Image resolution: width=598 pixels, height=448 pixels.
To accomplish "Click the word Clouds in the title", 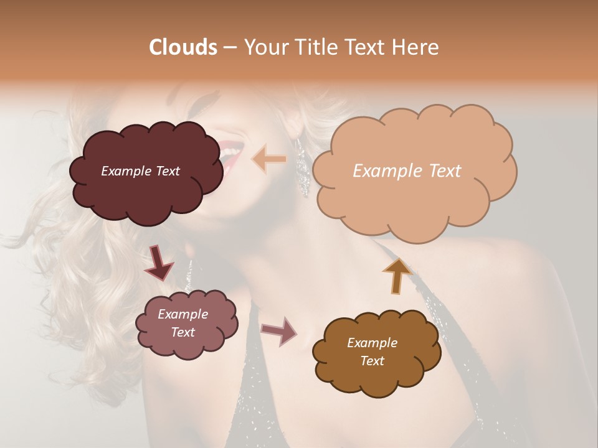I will coord(183,47).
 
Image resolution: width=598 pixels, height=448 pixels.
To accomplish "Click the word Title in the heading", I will coord(313,47).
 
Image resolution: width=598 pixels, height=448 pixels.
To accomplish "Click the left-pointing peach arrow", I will coord(269,159).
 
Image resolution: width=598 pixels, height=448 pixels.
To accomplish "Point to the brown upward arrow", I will coord(397,275).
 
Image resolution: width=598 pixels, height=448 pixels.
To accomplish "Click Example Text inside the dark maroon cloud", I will coord(140,171).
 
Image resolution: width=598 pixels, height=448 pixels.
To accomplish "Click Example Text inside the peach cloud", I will coord(407,171).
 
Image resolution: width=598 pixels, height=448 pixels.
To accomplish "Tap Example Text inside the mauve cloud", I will coord(183,323).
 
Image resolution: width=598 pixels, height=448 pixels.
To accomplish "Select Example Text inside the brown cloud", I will coord(372,352).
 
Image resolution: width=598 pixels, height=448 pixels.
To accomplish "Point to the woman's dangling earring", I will coord(302,168).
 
